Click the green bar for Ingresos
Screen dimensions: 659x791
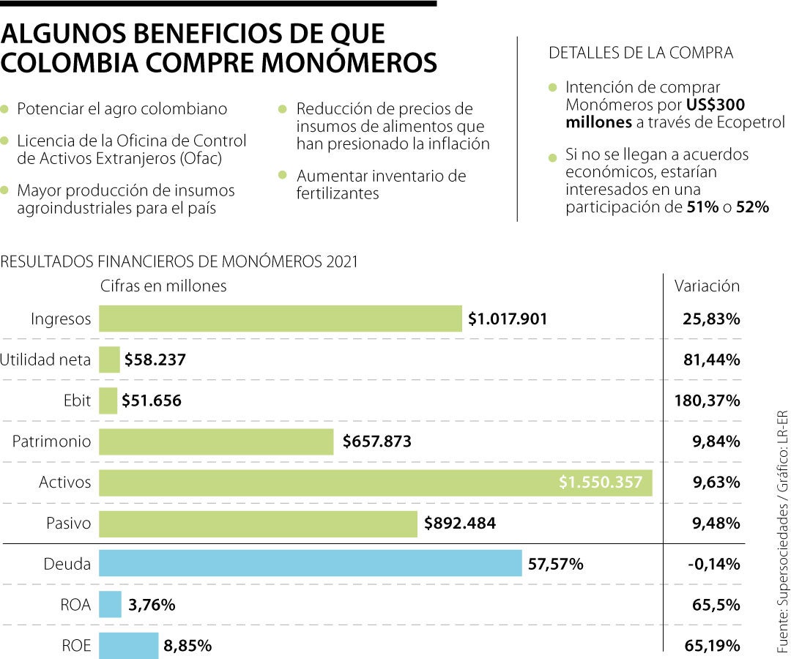(x=281, y=319)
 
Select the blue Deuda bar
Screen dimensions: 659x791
(x=310, y=564)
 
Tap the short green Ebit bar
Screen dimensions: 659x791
(x=108, y=401)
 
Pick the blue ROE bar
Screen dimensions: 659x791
(x=129, y=645)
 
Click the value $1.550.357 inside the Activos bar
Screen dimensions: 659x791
(x=601, y=483)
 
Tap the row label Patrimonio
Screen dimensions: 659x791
(x=52, y=442)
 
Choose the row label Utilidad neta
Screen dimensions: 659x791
(x=45, y=360)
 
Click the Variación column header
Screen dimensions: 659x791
(x=707, y=286)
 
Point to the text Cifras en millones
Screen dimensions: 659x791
(x=163, y=286)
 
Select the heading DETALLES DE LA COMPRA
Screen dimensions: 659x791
(x=641, y=53)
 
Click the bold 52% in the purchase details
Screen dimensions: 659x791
(x=752, y=207)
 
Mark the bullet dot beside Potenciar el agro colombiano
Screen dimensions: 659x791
(x=5, y=109)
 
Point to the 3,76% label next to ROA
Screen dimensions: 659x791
(x=152, y=605)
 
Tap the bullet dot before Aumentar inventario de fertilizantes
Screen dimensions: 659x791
(x=282, y=176)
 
